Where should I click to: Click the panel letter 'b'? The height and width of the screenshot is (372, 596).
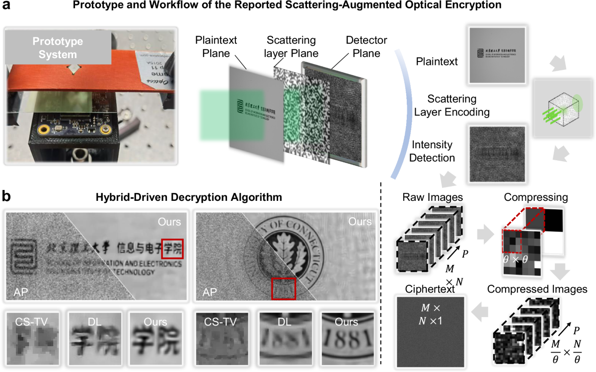pyautogui.click(x=8, y=196)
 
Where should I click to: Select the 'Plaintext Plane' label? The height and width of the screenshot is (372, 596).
pyautogui.click(x=216, y=46)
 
